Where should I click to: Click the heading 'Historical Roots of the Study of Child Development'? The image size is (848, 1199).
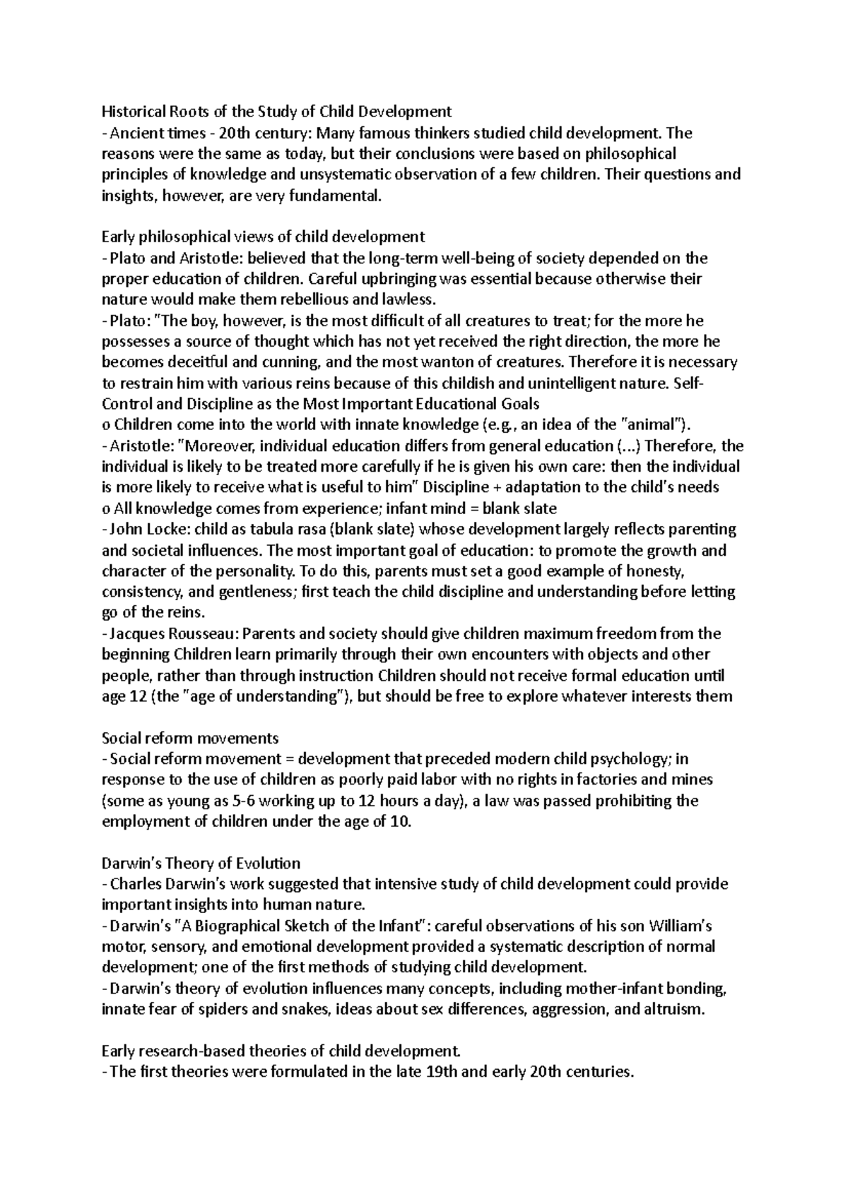click(x=276, y=112)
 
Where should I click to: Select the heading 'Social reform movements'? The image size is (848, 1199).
click(x=190, y=738)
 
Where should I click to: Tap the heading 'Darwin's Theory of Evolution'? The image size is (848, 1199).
click(x=201, y=863)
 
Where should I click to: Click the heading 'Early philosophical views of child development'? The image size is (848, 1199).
click(x=264, y=237)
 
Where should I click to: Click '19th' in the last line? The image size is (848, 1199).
click(x=442, y=1072)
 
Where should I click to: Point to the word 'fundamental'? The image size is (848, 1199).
click(x=337, y=196)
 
